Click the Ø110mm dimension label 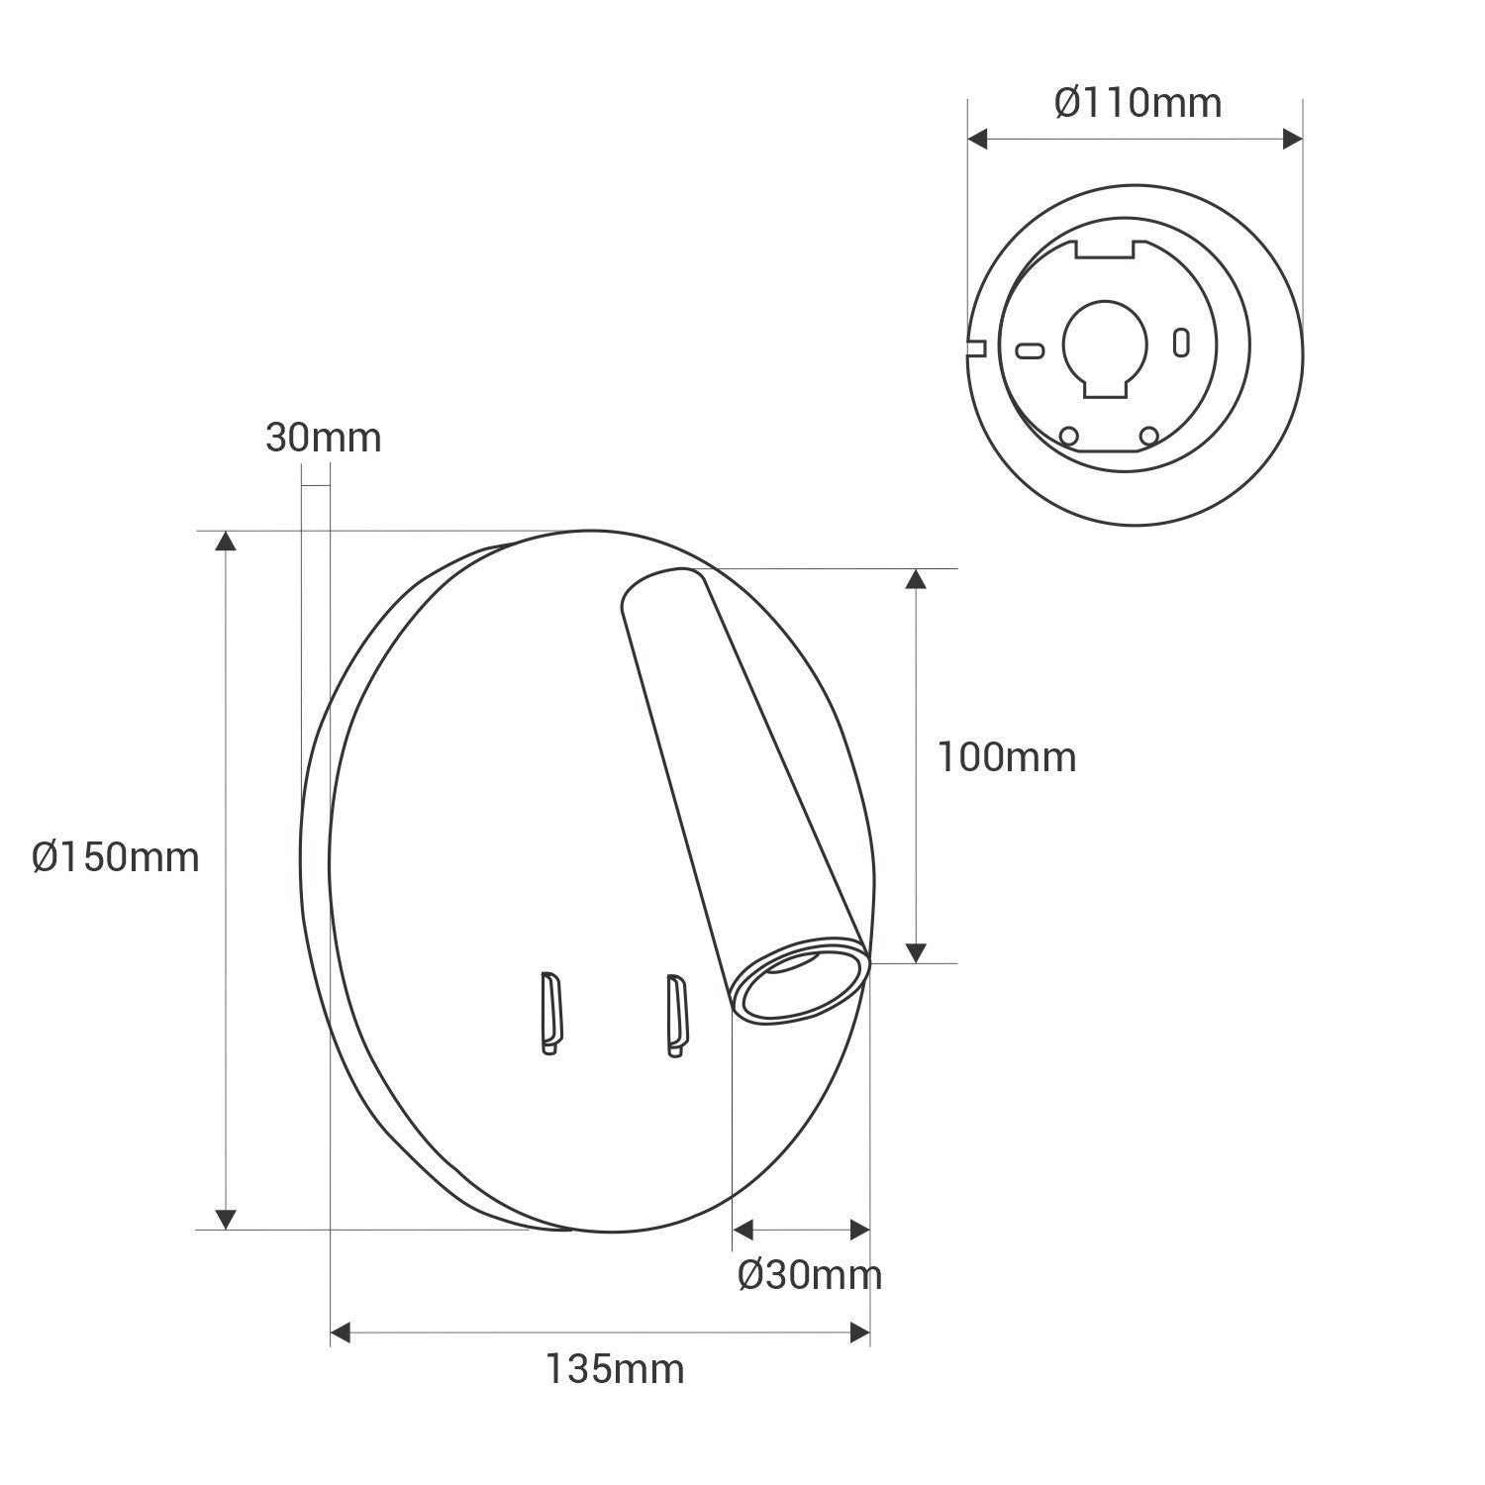[1138, 103]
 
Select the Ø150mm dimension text [115, 857]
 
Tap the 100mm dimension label [1006, 758]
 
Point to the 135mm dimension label [614, 1369]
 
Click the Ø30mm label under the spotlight [809, 1275]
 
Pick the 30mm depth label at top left [323, 438]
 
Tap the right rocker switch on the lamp [676, 1015]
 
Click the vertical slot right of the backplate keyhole [1180, 342]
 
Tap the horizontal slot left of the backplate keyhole [1031, 349]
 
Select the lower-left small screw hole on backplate [1068, 435]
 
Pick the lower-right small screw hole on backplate [1148, 435]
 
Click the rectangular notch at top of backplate [1104, 248]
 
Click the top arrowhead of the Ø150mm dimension [227, 541]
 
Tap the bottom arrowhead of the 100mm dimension [916, 952]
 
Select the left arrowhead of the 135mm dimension [341, 1333]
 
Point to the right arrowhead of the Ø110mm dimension [1292, 140]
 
